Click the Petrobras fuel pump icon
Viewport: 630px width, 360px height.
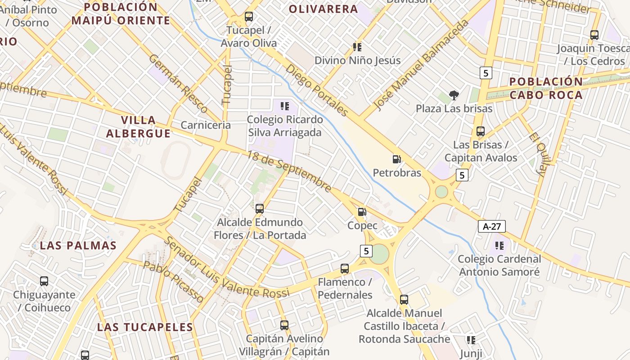coord(396,159)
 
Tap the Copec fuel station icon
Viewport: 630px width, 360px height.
coord(362,212)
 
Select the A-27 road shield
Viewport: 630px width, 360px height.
coord(492,226)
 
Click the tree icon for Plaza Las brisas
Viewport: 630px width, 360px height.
coord(454,95)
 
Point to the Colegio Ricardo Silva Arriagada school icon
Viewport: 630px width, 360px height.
coord(284,106)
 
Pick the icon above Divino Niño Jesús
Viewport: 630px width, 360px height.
coord(357,47)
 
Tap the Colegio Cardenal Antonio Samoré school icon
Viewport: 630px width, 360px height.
coord(499,246)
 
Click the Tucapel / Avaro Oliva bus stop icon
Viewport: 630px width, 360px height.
coord(249,17)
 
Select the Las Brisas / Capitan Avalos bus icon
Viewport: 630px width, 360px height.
coord(481,131)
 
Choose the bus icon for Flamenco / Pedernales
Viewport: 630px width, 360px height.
coord(345,269)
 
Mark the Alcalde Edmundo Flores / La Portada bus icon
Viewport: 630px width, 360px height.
coord(260,209)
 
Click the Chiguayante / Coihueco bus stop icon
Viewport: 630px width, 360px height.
coord(44,281)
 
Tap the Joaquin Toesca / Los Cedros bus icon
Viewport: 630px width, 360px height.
coord(594,35)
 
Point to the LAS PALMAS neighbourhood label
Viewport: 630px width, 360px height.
coord(78,246)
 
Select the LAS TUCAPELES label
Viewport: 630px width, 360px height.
coord(145,327)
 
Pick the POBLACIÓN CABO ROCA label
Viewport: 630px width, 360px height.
coord(546,88)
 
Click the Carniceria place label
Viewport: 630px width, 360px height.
coord(206,125)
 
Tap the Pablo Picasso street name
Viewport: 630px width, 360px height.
coord(173,282)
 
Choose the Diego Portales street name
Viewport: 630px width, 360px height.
coord(317,90)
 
